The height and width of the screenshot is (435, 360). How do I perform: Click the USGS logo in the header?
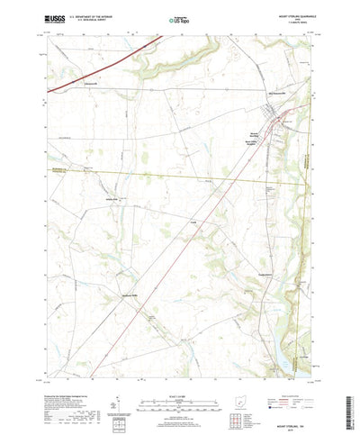pos(53,17)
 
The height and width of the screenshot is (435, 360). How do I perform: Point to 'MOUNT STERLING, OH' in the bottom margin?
pos(289,406)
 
